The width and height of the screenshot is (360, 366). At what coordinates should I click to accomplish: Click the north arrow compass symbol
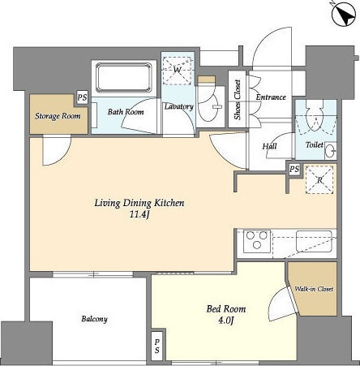(x=344, y=14)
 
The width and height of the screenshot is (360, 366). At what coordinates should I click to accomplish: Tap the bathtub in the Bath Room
(x=124, y=78)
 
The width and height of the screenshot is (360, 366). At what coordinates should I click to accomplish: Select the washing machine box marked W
(x=177, y=71)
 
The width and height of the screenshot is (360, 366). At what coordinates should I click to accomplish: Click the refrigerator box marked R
(x=319, y=180)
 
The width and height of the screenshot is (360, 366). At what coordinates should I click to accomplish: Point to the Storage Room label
(x=58, y=116)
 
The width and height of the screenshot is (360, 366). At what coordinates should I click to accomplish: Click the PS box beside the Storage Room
(x=82, y=97)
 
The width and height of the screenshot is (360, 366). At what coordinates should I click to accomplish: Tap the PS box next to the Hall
(x=294, y=170)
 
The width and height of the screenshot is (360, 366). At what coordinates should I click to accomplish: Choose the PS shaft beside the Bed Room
(x=157, y=346)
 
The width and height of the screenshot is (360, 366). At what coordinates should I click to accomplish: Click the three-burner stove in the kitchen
(x=257, y=241)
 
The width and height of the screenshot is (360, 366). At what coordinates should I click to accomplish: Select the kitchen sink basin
(x=314, y=241)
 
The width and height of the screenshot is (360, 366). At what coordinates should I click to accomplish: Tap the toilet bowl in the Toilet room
(x=315, y=115)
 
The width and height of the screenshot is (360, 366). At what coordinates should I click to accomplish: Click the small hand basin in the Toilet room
(x=330, y=150)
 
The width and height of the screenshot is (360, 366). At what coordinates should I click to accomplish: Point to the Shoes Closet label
(x=238, y=100)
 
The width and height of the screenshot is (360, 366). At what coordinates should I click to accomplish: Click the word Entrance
(x=271, y=97)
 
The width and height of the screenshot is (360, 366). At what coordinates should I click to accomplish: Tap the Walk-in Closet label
(x=314, y=289)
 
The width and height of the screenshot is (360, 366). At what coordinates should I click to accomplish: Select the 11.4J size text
(x=139, y=215)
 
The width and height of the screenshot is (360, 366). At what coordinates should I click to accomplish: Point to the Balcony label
(x=94, y=319)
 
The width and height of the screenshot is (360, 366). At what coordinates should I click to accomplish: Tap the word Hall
(x=270, y=146)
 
